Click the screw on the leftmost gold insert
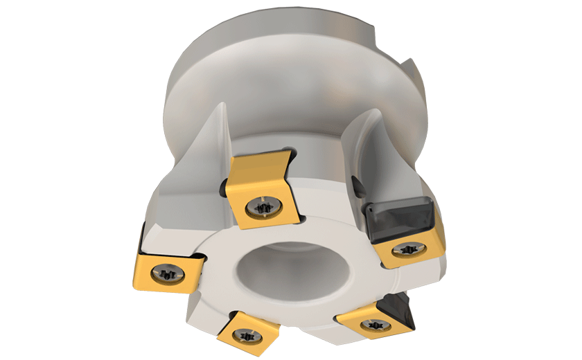click(x=168, y=273)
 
